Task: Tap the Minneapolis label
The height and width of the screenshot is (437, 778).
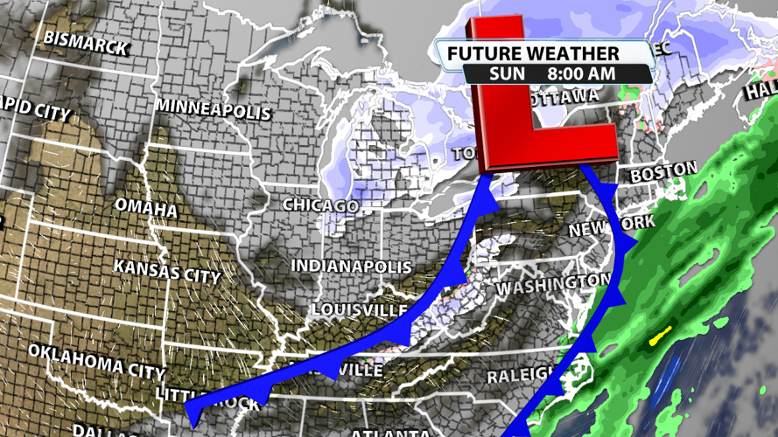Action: point(214,108)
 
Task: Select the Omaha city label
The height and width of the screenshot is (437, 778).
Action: point(145,209)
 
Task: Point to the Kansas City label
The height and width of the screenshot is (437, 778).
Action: point(167,270)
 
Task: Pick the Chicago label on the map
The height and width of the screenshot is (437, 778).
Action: point(319,205)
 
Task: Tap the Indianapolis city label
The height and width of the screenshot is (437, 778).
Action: point(351,266)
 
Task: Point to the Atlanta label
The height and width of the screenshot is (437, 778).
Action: point(390,432)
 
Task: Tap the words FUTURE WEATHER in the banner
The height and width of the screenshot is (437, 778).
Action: point(533,54)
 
